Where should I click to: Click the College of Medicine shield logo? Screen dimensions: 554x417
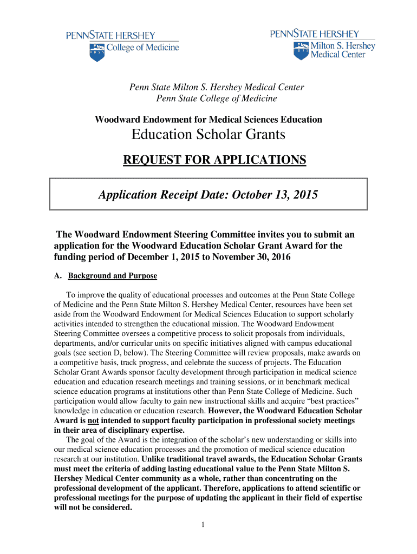(96, 52)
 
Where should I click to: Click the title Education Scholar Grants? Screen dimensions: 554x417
(208, 135)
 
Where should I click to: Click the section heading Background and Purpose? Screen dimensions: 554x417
(112, 276)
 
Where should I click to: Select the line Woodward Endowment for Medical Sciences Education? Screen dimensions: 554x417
(208, 120)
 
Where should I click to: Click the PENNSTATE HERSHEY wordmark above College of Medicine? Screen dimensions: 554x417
(112, 36)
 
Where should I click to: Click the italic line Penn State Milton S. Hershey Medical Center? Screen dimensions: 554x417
(216, 87)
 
